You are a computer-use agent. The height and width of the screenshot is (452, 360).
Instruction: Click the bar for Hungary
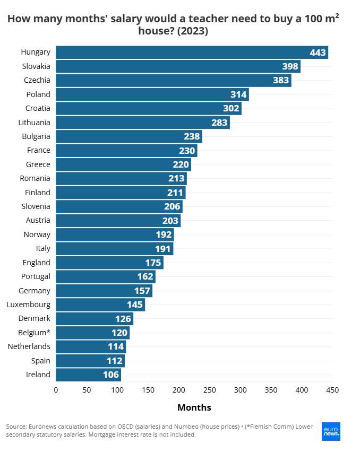(192, 53)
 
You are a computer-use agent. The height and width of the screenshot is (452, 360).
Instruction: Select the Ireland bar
(88, 375)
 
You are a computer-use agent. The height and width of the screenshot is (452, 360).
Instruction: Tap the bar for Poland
(152, 94)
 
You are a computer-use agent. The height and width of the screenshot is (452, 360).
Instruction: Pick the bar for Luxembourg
(100, 305)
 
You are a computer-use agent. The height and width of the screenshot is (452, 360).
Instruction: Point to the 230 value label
(187, 151)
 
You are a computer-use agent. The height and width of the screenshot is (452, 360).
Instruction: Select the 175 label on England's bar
(153, 263)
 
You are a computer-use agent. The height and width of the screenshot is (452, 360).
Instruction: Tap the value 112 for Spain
(115, 361)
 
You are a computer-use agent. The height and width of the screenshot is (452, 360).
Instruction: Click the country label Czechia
(37, 80)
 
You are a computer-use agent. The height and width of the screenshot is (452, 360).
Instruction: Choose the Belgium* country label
(35, 333)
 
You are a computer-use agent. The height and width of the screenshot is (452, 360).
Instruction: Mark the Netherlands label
(29, 346)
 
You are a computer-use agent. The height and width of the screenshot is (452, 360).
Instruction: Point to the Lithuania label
(35, 123)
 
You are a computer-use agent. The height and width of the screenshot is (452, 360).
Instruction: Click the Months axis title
(194, 407)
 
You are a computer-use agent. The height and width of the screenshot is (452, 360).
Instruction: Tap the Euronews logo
(331, 431)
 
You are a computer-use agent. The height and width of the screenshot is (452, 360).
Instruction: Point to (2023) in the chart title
(193, 31)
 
